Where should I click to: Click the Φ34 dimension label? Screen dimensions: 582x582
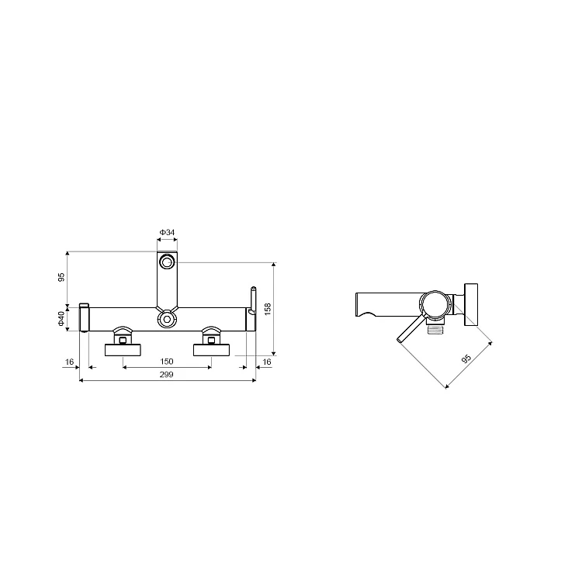coord(167,232)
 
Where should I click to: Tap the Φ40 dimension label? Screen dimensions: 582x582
coord(61,319)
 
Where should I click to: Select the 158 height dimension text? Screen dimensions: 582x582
coord(268,309)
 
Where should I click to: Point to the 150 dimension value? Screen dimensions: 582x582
coord(167,361)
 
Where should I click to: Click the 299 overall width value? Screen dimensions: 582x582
coord(167,374)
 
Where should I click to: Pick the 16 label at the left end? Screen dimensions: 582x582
coord(69,362)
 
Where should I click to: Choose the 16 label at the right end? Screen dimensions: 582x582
coord(267,362)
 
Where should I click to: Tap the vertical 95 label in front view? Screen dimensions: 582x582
coord(61,277)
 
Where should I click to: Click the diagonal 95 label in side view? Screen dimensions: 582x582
coord(466,359)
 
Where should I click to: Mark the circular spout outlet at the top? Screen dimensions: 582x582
coord(167,262)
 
